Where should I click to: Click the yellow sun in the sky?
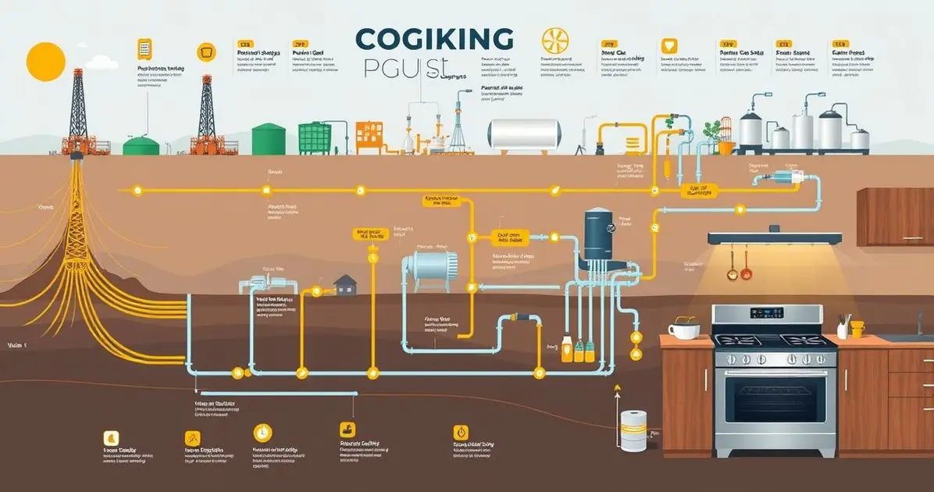pyautogui.click(x=45, y=62)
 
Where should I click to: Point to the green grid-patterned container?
pyautogui.click(x=314, y=137)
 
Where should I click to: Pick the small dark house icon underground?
pyautogui.click(x=344, y=285)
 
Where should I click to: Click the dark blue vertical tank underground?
pyautogui.click(x=600, y=235)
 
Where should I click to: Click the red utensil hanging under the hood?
pyautogui.click(x=746, y=273)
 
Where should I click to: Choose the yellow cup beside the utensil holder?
pyautogui.click(x=857, y=329)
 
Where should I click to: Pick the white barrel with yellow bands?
pyautogui.click(x=633, y=430)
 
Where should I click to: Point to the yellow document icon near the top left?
pyautogui.click(x=144, y=48)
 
